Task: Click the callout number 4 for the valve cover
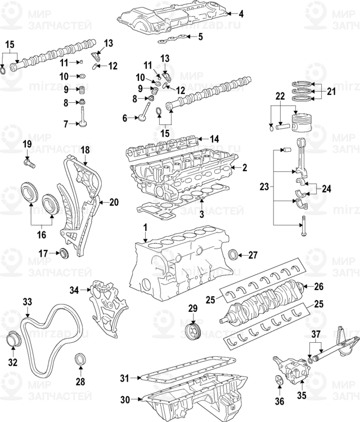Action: pos(241,13)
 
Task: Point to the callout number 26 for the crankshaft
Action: pos(318,286)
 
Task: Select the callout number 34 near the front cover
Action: pos(75,291)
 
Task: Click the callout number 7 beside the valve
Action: pos(65,124)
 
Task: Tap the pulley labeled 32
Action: pos(12,341)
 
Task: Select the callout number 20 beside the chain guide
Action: pos(114,202)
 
